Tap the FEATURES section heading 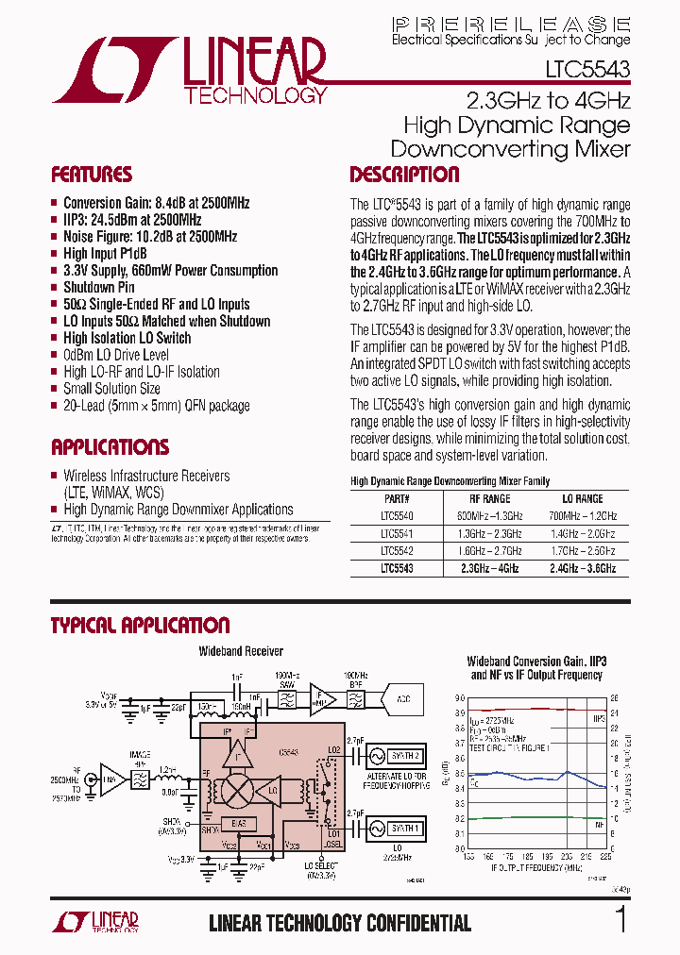(91, 175)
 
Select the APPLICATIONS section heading (110, 447)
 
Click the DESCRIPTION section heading (404, 175)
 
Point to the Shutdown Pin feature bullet (99, 287)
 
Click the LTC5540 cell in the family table (397, 516)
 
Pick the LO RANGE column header (583, 498)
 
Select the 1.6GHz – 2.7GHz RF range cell (489, 551)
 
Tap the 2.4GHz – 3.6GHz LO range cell (583, 569)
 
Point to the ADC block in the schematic (403, 699)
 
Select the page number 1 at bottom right (620, 920)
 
